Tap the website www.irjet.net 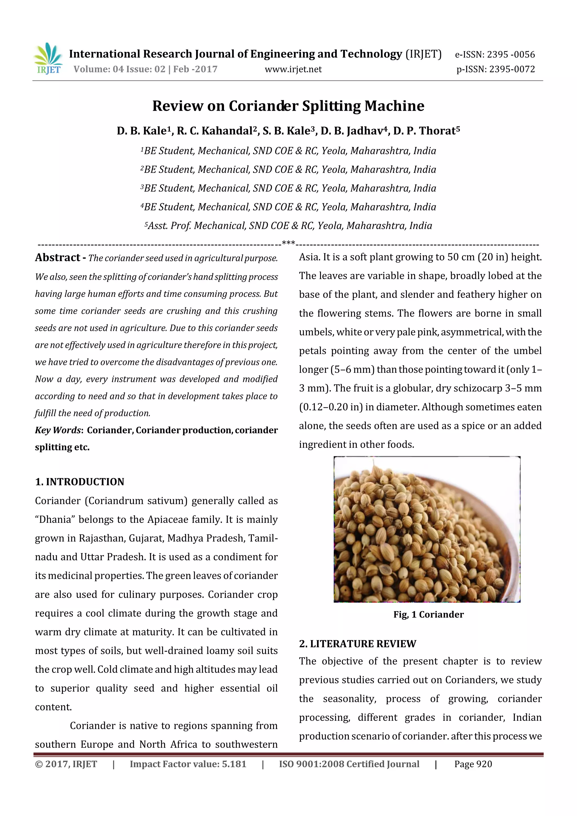[293, 69]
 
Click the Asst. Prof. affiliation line [288, 226]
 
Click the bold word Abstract [57, 257]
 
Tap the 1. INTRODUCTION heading [80, 482]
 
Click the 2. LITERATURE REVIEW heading [357, 644]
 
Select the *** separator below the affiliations [288, 243]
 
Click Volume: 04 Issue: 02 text [119, 69]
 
